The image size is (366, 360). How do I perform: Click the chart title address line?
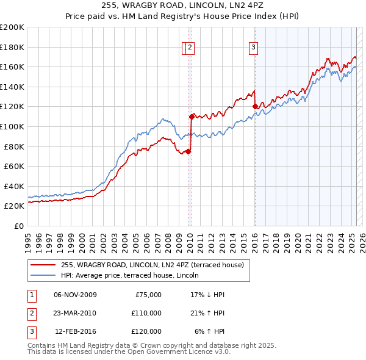[183, 5]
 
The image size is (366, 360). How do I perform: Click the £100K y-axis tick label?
[12, 126]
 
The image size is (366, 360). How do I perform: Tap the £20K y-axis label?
[14, 206]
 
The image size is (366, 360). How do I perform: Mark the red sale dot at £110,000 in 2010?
[192, 116]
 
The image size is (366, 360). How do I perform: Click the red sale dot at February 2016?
[254, 106]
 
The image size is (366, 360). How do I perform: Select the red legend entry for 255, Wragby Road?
[152, 265]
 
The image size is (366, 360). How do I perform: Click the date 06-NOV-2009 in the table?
[75, 295]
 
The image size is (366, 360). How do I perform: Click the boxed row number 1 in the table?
[31, 295]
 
